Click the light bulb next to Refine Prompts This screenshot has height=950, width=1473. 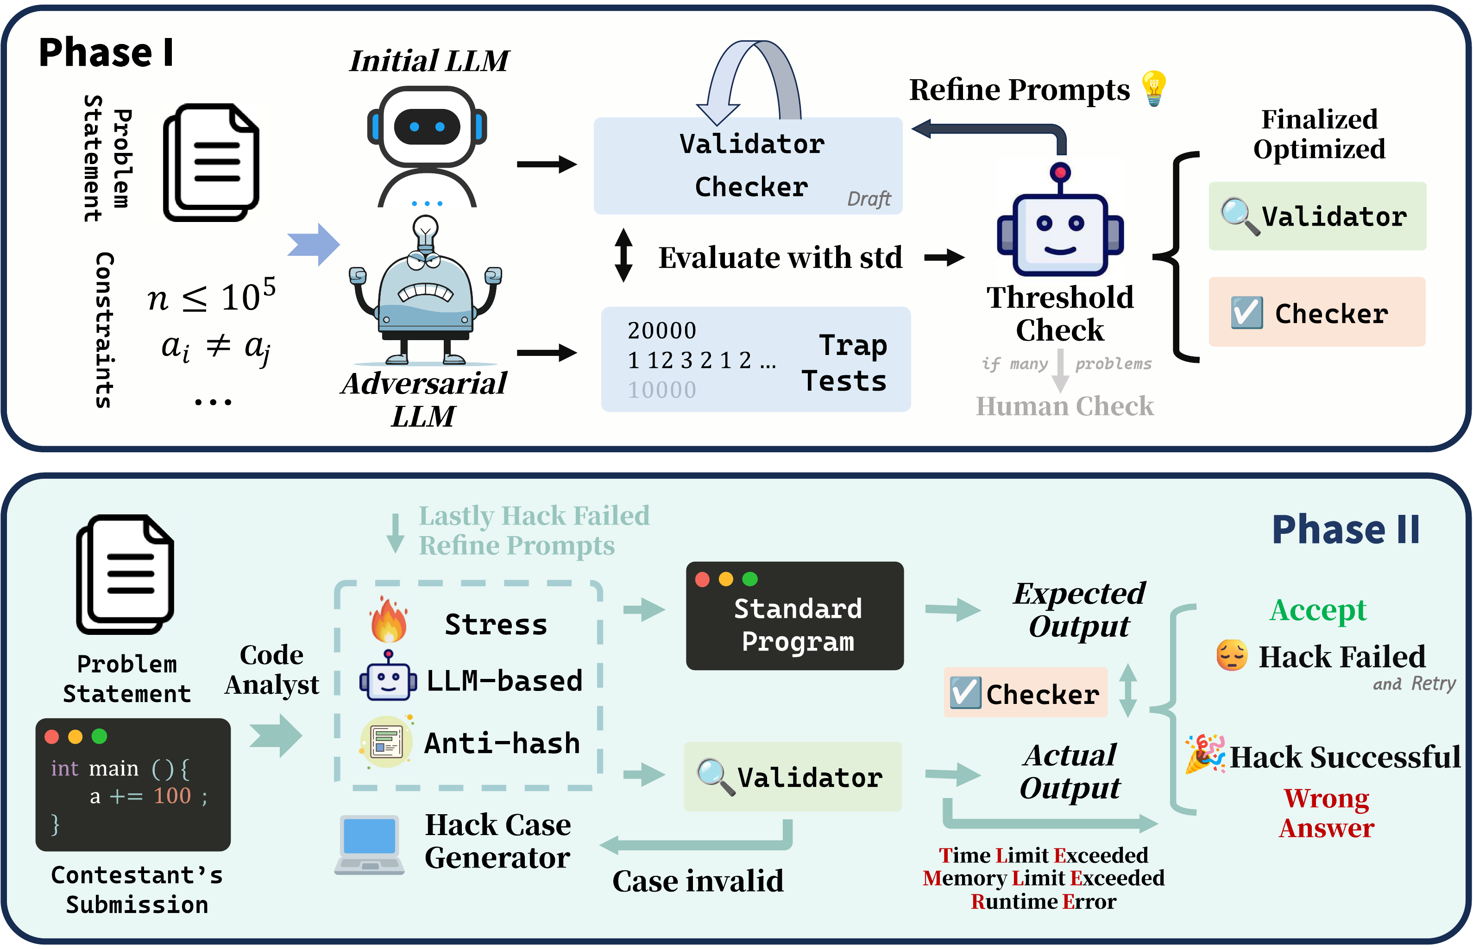[1153, 88]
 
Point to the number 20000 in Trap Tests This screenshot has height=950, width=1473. [661, 331]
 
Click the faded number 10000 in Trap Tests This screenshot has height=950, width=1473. [661, 390]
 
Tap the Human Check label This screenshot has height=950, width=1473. [1064, 406]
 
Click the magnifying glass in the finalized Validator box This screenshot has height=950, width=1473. [1240, 216]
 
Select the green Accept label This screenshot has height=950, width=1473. [1318, 610]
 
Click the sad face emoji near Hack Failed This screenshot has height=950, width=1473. [1231, 655]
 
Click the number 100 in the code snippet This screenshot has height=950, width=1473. [172, 796]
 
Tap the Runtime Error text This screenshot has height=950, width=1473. [1043, 902]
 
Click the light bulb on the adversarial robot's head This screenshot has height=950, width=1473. [425, 230]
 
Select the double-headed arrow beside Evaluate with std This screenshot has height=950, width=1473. [623, 255]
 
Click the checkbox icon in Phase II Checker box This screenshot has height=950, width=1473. [965, 693]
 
